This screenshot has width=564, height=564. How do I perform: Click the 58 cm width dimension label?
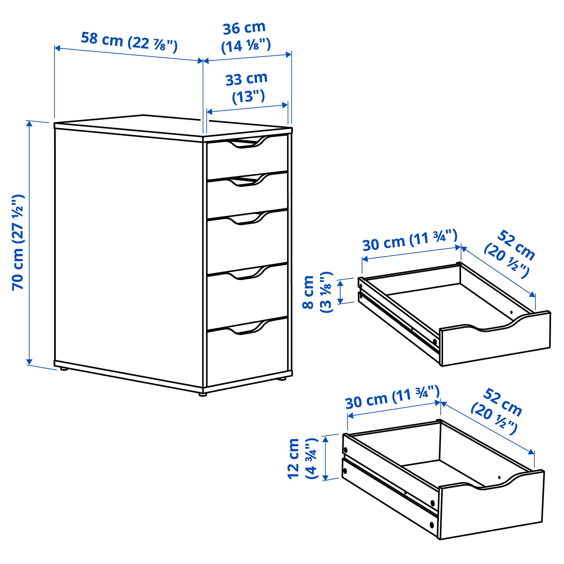click(129, 42)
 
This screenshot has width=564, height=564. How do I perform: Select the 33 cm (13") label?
click(247, 88)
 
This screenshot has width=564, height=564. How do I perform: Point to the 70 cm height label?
click(18, 242)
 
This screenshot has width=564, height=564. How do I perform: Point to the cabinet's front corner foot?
click(202, 395)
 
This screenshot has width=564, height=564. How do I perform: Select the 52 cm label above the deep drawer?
click(496, 412)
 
